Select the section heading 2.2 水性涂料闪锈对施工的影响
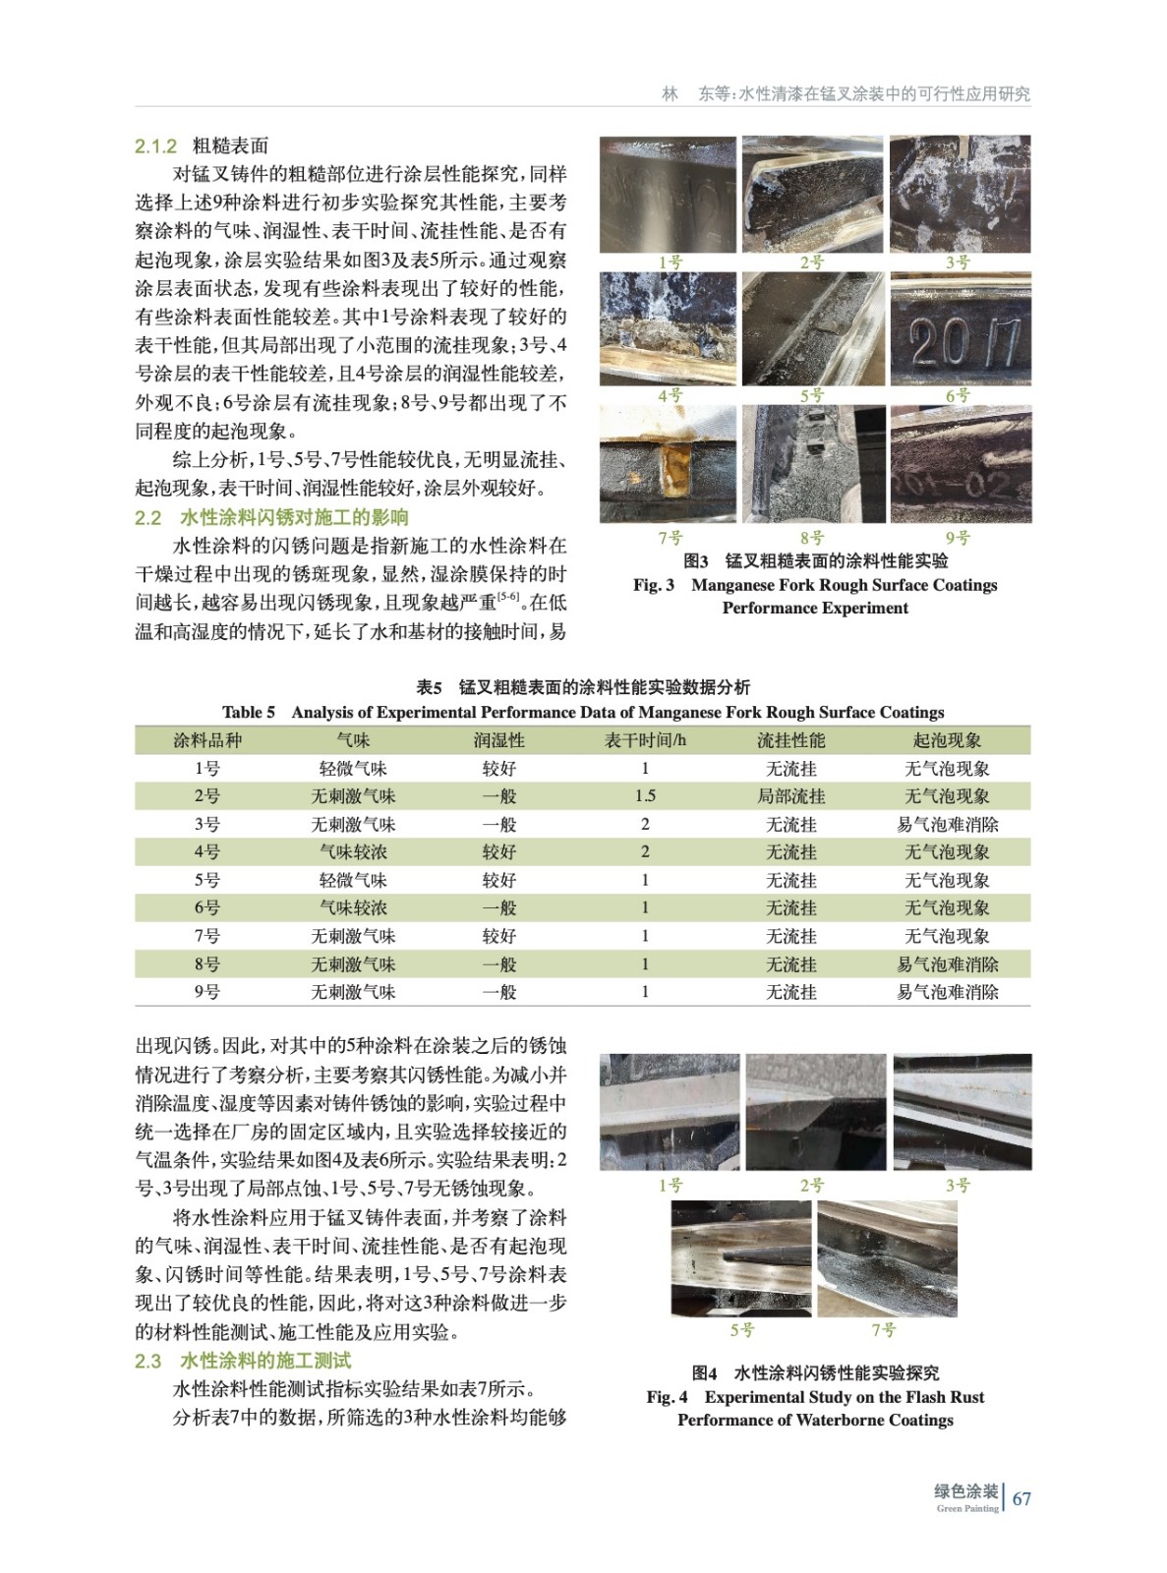tap(271, 518)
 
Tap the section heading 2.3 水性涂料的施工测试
tap(242, 1361)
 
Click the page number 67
tap(1021, 1498)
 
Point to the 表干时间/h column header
tap(645, 740)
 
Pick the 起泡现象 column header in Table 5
tap(946, 740)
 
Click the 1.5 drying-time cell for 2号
tap(645, 796)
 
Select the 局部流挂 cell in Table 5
tap(790, 796)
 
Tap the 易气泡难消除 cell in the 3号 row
tap(947, 825)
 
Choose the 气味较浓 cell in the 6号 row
tap(353, 908)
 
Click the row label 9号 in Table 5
tap(206, 992)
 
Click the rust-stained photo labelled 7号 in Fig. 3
tap(668, 464)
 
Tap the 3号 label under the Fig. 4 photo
tap(958, 1186)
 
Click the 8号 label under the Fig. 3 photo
tap(811, 538)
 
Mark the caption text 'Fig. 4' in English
tap(667, 1397)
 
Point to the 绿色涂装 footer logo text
tap(965, 1491)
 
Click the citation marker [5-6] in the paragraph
tap(508, 597)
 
